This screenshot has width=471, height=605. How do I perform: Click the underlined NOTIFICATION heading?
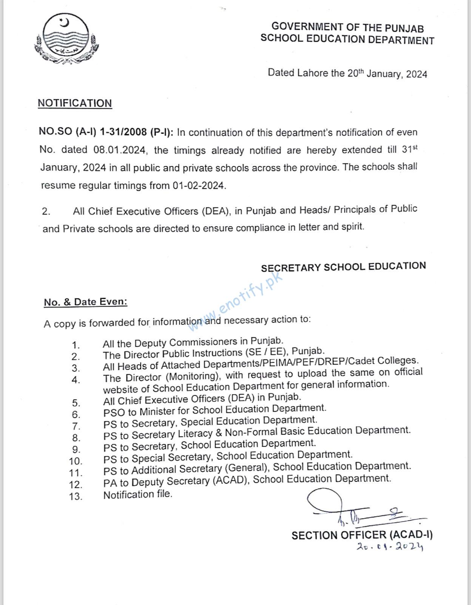click(x=75, y=103)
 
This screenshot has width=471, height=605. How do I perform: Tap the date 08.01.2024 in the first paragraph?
click(x=119, y=150)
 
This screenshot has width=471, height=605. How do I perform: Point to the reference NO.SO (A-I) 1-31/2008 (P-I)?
click(x=106, y=132)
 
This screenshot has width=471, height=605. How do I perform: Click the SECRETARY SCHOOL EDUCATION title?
click(x=343, y=267)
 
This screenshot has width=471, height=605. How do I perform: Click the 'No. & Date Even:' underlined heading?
click(x=86, y=302)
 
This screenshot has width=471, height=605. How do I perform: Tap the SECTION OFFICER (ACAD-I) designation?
click(x=362, y=535)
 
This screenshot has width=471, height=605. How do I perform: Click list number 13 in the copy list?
click(x=76, y=496)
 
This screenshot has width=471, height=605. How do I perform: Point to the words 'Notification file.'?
click(x=137, y=495)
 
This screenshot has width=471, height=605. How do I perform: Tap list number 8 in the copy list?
click(x=76, y=438)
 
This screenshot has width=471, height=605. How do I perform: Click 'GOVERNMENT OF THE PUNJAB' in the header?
click(x=347, y=27)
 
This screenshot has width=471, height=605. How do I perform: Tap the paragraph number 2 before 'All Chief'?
click(x=46, y=211)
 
